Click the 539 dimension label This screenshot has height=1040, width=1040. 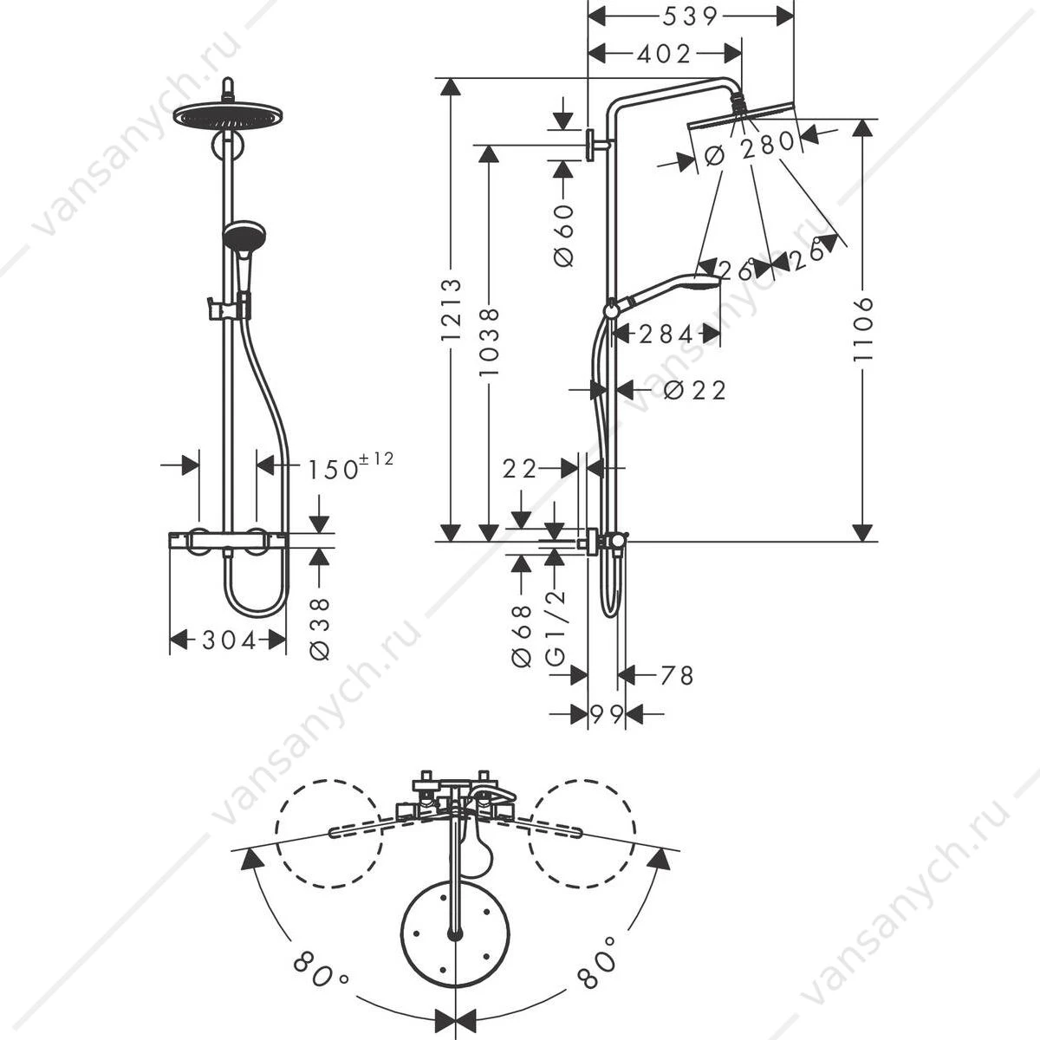(689, 17)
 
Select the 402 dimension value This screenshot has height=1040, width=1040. (664, 54)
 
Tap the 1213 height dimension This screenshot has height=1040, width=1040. (452, 309)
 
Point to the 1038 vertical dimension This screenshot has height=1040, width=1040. (490, 342)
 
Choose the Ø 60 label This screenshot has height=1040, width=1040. (563, 236)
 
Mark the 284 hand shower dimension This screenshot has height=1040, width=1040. (666, 335)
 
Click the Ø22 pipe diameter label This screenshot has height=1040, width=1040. (694, 390)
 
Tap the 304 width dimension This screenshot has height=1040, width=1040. (229, 640)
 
